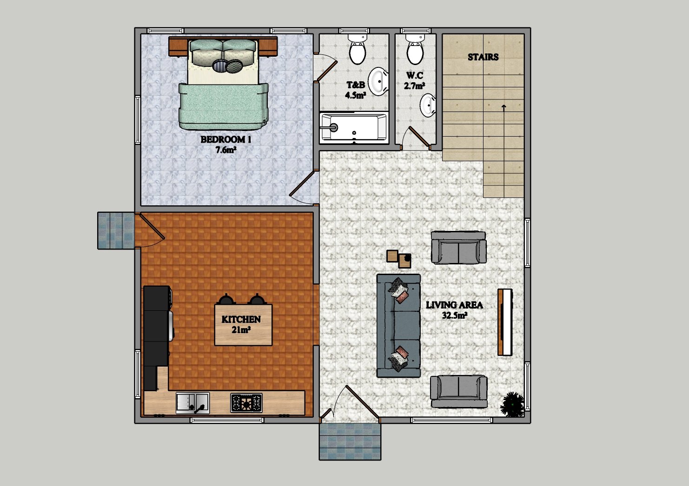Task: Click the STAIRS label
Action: click(483, 57)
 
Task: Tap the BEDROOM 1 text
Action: click(226, 139)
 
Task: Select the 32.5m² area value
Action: click(455, 315)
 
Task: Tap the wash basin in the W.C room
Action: click(428, 105)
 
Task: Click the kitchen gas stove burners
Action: click(246, 403)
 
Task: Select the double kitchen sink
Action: click(192, 403)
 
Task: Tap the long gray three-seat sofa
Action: click(398, 326)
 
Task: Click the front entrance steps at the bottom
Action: click(350, 441)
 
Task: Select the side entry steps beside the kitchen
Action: click(116, 230)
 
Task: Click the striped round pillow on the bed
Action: click(219, 65)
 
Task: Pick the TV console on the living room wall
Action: click(505, 322)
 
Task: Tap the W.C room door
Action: click(418, 137)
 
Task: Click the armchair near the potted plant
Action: click(458, 391)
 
